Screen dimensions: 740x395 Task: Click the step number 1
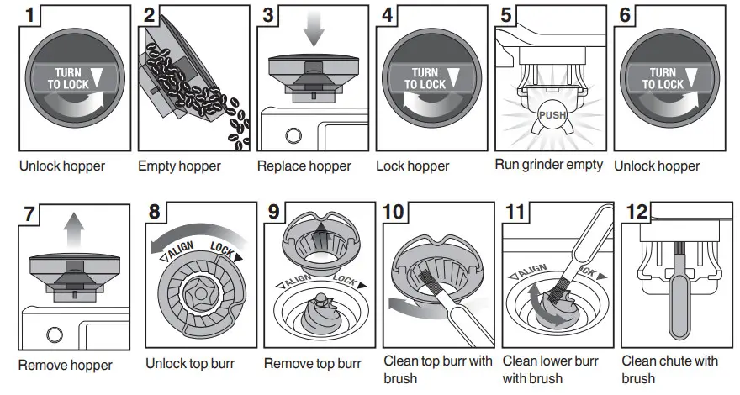coord(31,14)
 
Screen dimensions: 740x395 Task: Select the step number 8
coord(155,212)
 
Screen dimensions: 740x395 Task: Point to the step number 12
coord(636,212)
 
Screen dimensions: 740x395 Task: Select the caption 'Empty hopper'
coord(179,166)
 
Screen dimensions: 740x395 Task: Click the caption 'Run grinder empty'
coord(548,165)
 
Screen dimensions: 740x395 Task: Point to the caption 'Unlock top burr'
coord(189,364)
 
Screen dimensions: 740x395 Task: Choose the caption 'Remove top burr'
coord(312,364)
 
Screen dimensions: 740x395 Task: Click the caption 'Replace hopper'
coord(304,166)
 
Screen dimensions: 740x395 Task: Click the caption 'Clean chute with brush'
coord(669,370)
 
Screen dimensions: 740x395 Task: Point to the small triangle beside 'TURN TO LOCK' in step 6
coord(694,78)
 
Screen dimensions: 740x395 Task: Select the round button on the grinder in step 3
coord(293,135)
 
